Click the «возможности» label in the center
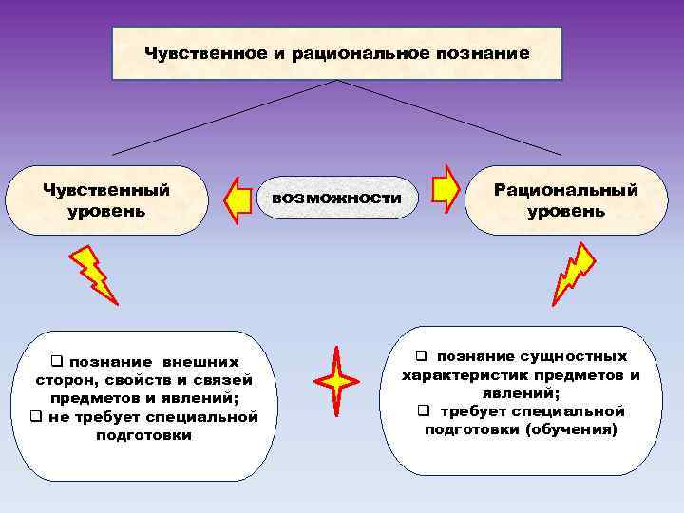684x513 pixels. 337,199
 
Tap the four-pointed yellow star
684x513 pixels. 336,381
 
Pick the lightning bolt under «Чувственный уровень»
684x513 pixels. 93,273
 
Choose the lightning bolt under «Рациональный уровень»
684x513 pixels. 574,274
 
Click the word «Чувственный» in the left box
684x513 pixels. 106,189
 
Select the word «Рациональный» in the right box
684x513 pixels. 566,190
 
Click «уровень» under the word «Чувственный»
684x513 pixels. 106,210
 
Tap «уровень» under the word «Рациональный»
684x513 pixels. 566,211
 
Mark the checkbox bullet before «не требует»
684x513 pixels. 35,416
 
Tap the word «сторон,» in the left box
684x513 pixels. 66,380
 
